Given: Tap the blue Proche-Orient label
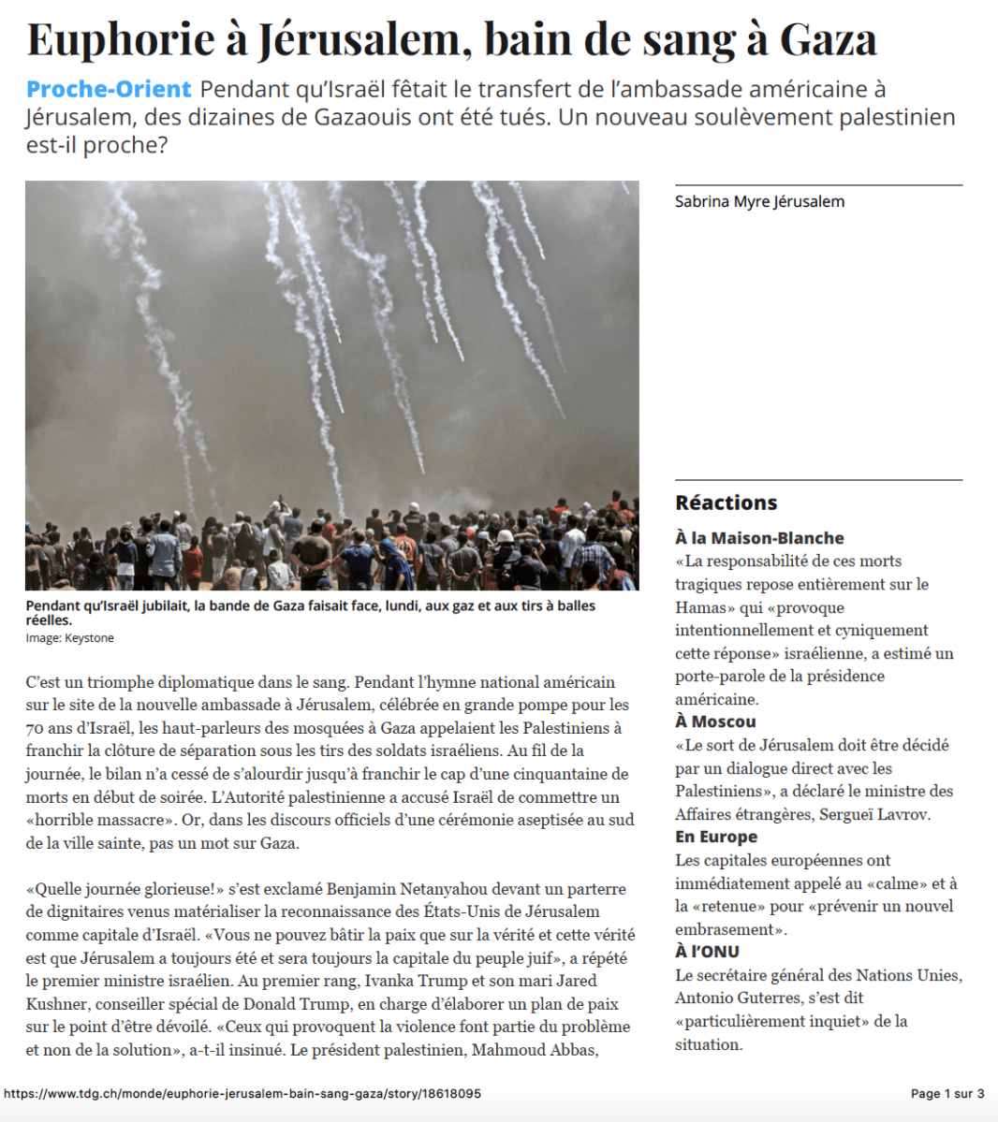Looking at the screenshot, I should [x=109, y=90].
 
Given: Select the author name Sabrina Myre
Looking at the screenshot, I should [x=717, y=201].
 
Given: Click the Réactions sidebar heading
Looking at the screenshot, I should [x=726, y=503].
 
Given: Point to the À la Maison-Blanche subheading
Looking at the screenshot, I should [x=759, y=538].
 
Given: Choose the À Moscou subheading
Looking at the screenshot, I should [x=715, y=721].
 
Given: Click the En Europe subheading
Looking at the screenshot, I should [x=716, y=837].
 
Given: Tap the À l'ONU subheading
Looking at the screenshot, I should [x=707, y=952].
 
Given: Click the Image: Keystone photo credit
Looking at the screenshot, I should [x=70, y=638].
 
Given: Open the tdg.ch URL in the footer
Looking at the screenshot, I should [x=242, y=1093].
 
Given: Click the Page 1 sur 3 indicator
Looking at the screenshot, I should [x=947, y=1093].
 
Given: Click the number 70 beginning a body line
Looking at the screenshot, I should [x=35, y=728].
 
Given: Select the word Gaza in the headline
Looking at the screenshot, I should [x=829, y=39].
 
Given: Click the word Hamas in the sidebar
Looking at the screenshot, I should [x=700, y=607].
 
